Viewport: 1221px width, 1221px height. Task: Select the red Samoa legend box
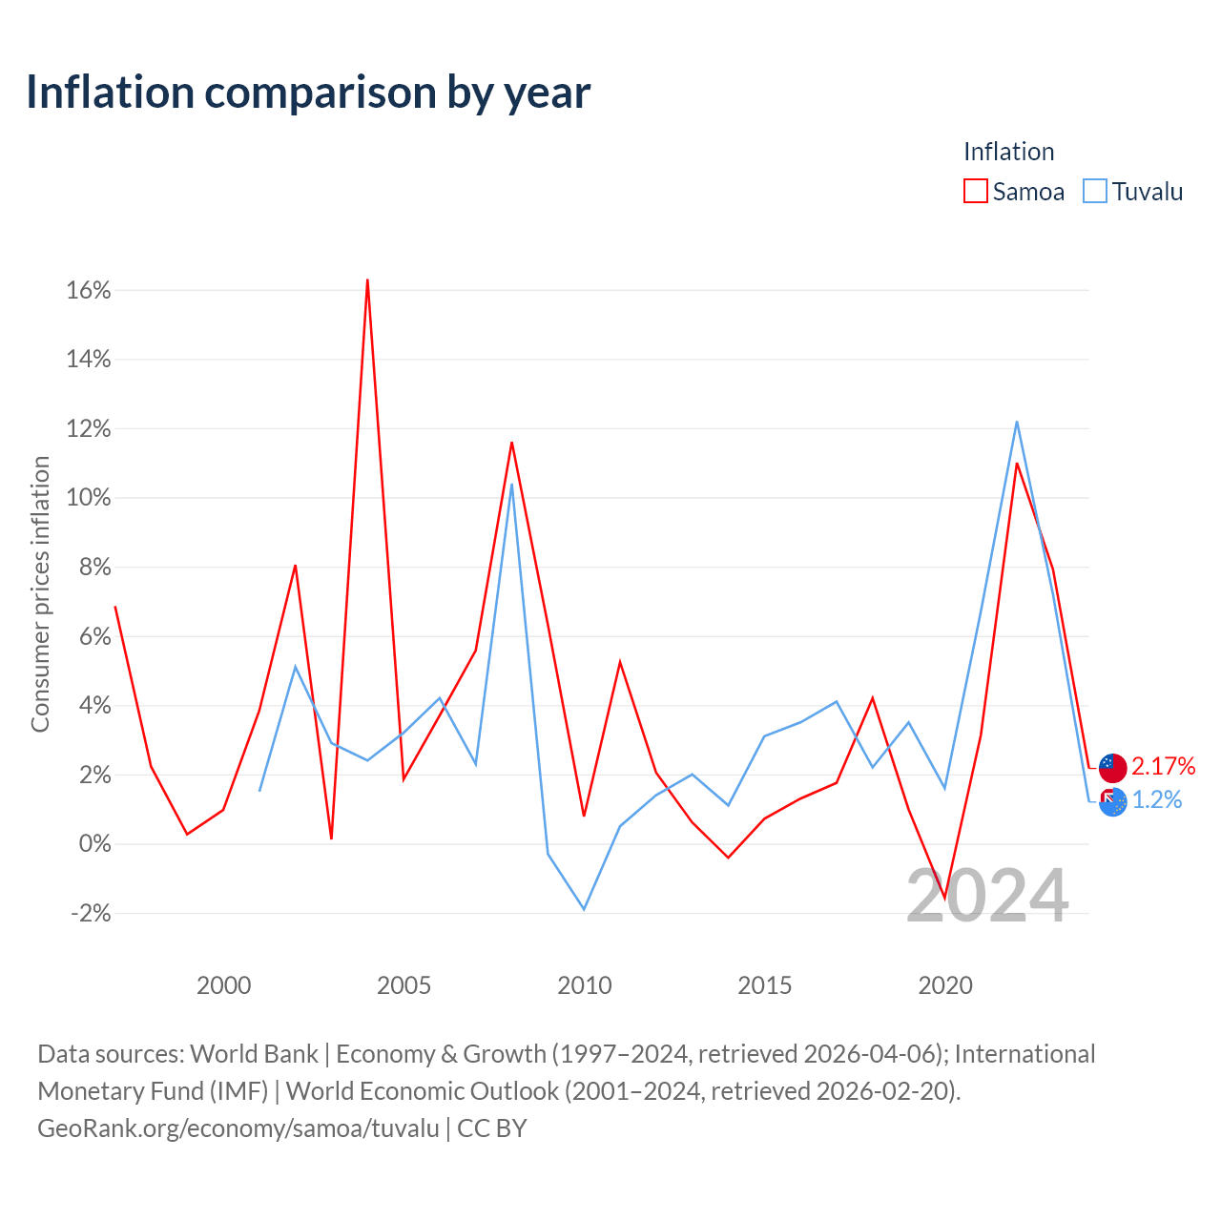pyautogui.click(x=975, y=191)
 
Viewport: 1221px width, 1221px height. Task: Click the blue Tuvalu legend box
pyautogui.click(x=1095, y=191)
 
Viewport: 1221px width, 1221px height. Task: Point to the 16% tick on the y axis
pyautogui.click(x=88, y=290)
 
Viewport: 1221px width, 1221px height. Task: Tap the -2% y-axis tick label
pyautogui.click(x=91, y=913)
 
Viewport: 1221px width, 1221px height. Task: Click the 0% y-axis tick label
pyautogui.click(x=95, y=844)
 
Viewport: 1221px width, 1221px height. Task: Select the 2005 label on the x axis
pyautogui.click(x=404, y=985)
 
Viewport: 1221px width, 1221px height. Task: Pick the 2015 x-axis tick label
pyautogui.click(x=765, y=985)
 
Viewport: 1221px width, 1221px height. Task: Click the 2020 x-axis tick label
pyautogui.click(x=945, y=985)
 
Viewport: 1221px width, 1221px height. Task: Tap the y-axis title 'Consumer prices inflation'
pyautogui.click(x=40, y=594)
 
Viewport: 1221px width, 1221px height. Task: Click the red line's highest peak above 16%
pyautogui.click(x=367, y=280)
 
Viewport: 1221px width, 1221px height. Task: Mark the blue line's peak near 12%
pyautogui.click(x=1017, y=422)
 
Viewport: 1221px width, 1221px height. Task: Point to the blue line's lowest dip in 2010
pyautogui.click(x=584, y=909)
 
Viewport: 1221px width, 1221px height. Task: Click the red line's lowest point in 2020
pyautogui.click(x=944, y=898)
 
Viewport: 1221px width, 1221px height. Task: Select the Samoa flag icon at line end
pyautogui.click(x=1112, y=768)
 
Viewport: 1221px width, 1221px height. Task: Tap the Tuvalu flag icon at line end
pyautogui.click(x=1112, y=802)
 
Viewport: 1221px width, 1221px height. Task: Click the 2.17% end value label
pyautogui.click(x=1164, y=767)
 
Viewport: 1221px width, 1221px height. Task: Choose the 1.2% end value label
pyautogui.click(x=1157, y=800)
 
